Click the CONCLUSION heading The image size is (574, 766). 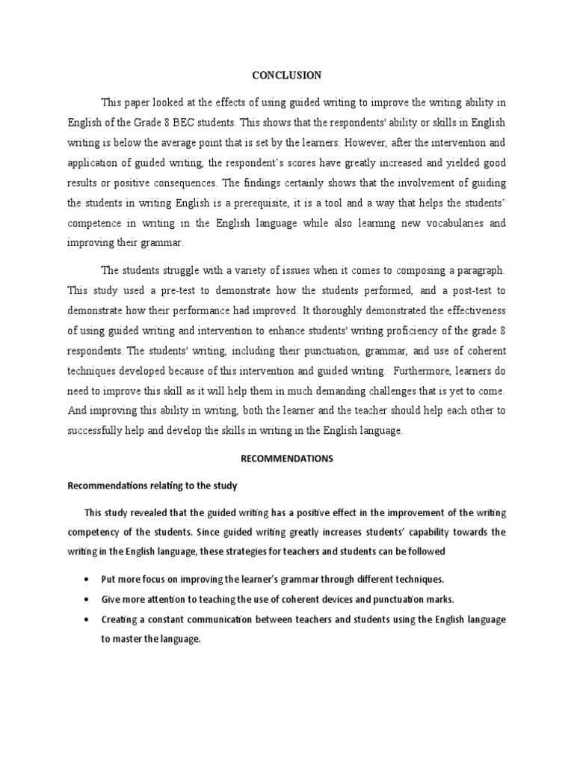tap(287, 76)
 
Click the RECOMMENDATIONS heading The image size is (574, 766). tap(287, 459)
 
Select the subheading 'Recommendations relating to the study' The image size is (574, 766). tap(152, 486)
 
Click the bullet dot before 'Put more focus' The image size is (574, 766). tap(89, 580)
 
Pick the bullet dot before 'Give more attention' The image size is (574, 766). tap(89, 600)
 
